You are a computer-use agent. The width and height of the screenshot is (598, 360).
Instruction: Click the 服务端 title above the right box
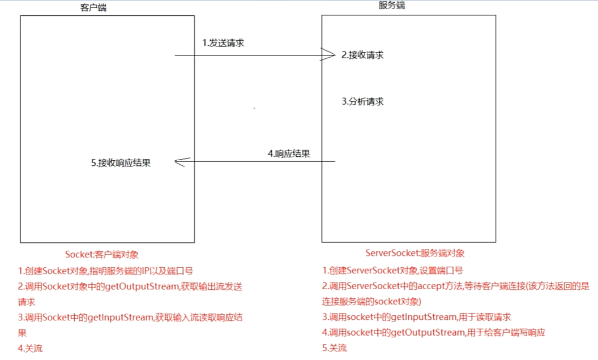pyautogui.click(x=391, y=5)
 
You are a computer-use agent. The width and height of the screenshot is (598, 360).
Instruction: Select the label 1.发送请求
pyautogui.click(x=223, y=42)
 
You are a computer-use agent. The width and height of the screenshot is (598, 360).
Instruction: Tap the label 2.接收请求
pyautogui.click(x=362, y=55)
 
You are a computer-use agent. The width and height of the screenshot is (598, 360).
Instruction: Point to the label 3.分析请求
pyautogui.click(x=362, y=102)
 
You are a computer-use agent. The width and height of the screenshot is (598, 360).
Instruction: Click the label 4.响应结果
pyautogui.click(x=288, y=153)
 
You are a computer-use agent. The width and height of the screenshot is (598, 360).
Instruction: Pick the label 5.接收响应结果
pyautogui.click(x=121, y=163)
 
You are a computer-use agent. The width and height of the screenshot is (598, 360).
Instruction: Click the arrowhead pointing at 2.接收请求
pyautogui.click(x=328, y=55)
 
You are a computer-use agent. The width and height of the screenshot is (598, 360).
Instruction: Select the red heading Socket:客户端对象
pyautogui.click(x=102, y=255)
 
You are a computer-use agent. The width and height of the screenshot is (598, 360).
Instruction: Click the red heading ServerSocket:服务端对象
pyautogui.click(x=415, y=253)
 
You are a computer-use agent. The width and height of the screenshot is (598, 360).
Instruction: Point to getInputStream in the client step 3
pyautogui.click(x=121, y=318)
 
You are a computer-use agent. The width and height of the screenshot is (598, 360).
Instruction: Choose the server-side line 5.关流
pyautogui.click(x=335, y=348)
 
